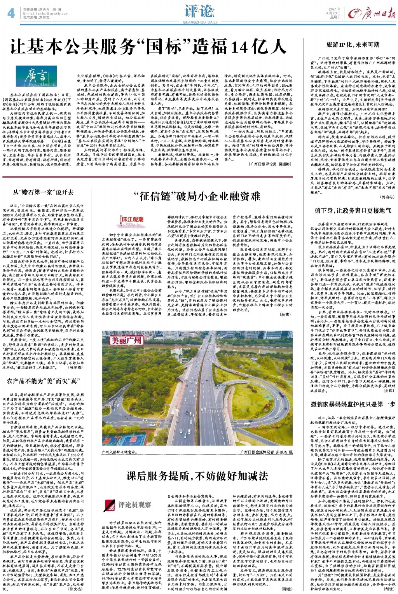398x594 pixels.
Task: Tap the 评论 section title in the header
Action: click(199, 11)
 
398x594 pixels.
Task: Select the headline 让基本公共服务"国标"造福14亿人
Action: click(148, 47)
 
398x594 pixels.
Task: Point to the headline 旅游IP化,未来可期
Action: click(353, 45)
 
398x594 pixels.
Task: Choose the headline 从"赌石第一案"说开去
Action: click(43, 192)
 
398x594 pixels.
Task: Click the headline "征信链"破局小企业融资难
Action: click(199, 197)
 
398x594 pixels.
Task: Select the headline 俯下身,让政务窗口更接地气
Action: click(353, 210)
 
